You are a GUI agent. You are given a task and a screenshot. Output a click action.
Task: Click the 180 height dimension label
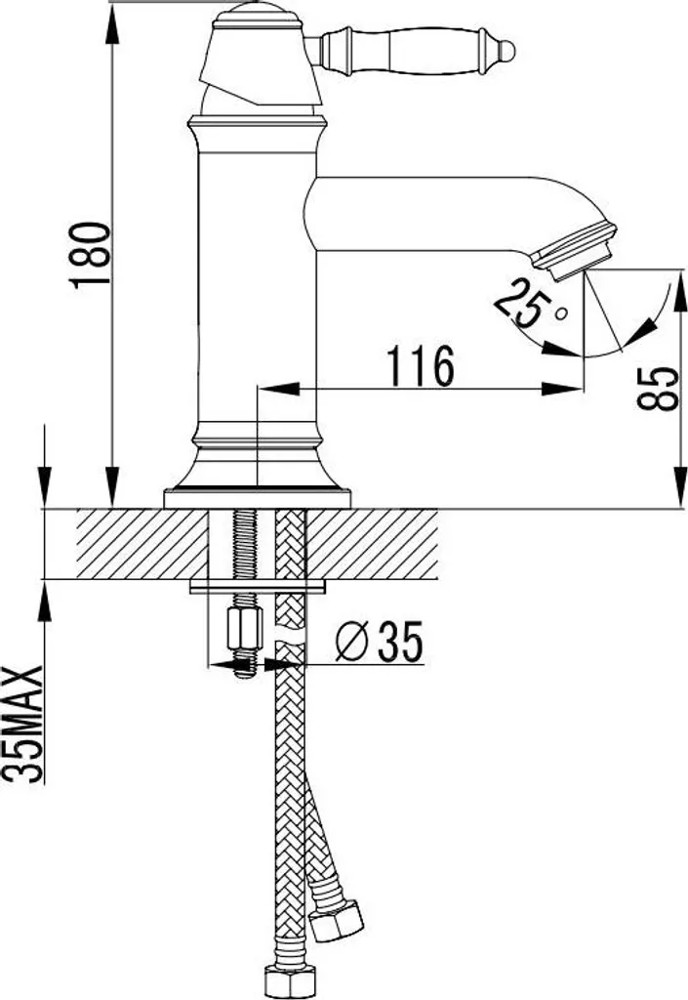coord(90,255)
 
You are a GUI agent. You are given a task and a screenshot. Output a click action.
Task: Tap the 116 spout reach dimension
coord(422,365)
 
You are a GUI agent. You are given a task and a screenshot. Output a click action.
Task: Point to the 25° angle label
coord(528,304)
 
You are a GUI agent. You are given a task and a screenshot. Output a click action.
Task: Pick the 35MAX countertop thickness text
coord(23,724)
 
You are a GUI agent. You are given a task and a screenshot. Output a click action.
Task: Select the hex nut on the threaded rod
coord(245,629)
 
